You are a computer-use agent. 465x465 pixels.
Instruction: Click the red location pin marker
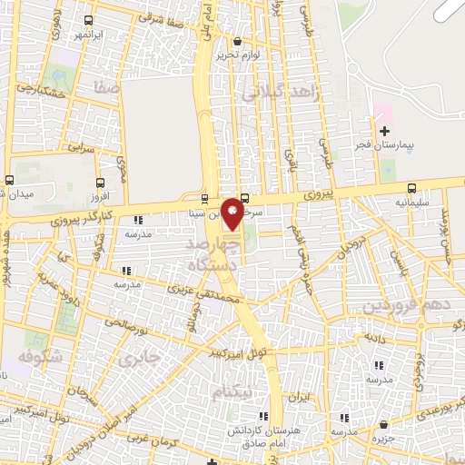click(x=233, y=213)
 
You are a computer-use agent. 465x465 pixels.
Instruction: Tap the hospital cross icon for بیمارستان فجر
click(x=384, y=131)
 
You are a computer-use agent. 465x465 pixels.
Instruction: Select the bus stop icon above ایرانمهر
click(x=86, y=20)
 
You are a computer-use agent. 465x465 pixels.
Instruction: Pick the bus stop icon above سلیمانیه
click(x=413, y=188)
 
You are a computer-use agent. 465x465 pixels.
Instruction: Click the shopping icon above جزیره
click(x=386, y=425)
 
